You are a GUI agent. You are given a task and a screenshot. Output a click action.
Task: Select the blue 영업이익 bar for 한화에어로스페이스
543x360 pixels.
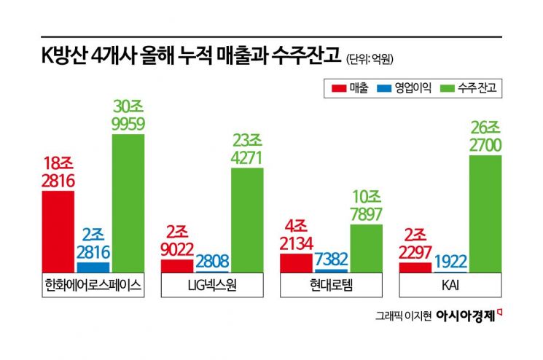93,267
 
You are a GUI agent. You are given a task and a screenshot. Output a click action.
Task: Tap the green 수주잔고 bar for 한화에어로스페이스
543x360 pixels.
128,204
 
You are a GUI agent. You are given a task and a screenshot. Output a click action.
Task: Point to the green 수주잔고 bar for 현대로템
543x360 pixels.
367,249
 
